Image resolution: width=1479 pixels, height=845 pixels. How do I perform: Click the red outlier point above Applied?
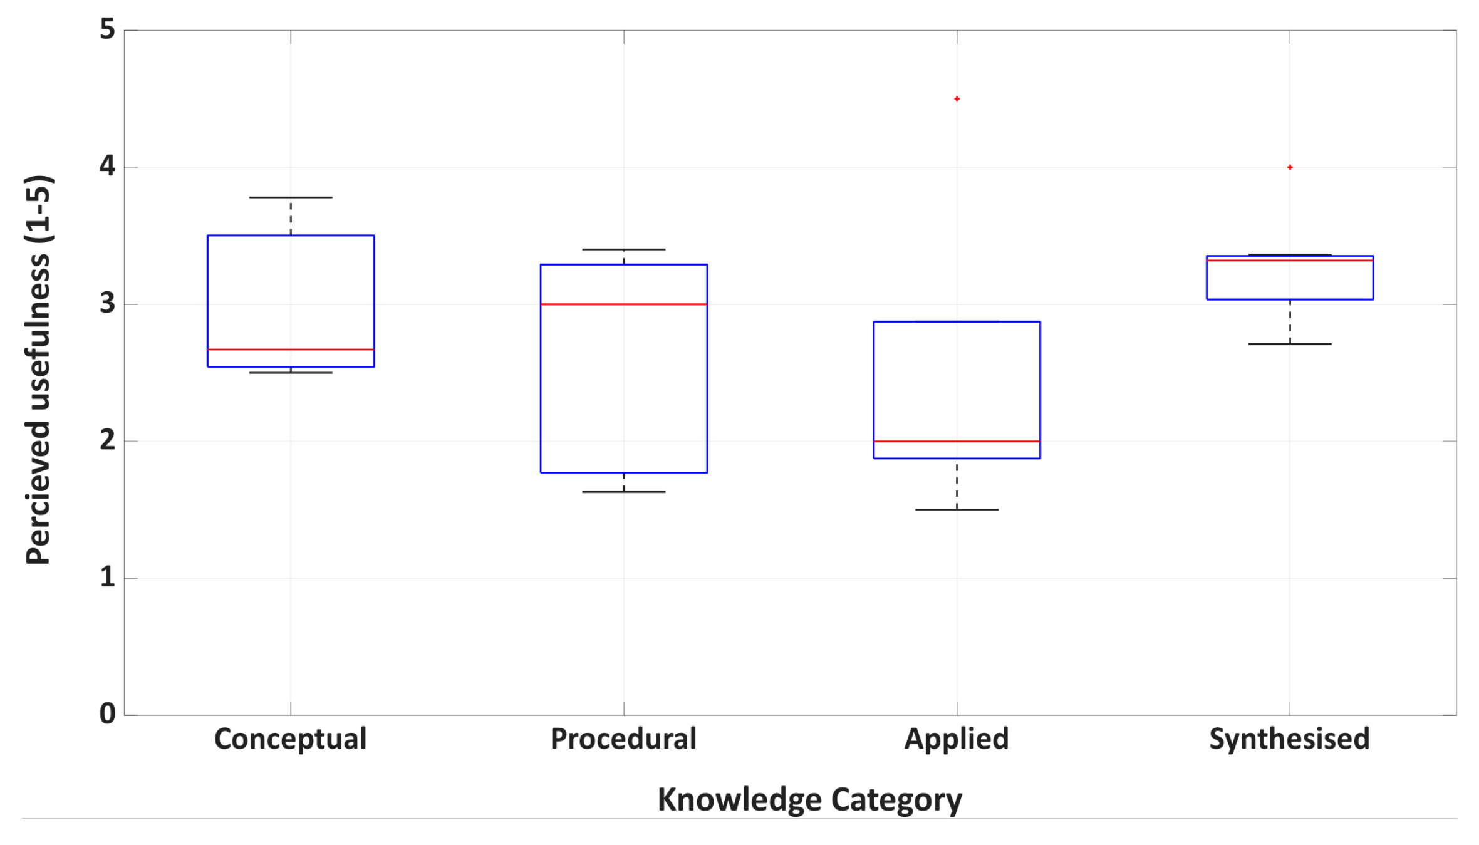(957, 99)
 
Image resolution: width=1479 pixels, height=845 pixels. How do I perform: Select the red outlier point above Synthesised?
(1290, 167)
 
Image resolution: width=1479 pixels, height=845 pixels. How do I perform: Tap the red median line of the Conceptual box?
(291, 350)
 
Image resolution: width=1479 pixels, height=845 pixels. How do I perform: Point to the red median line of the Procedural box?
(624, 304)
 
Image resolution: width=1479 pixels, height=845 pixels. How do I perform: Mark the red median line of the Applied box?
(957, 442)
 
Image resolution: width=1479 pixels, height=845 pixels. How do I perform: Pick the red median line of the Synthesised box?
(1290, 260)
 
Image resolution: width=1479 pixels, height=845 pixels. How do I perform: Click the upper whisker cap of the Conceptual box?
(291, 197)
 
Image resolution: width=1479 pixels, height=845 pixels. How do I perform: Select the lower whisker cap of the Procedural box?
(624, 492)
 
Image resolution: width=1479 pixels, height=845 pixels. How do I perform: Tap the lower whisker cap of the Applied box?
(957, 510)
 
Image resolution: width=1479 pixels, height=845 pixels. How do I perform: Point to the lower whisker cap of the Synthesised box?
(1290, 344)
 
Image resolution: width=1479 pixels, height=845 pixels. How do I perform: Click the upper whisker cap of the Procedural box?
(624, 249)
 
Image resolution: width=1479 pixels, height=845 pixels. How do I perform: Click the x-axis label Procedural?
(623, 739)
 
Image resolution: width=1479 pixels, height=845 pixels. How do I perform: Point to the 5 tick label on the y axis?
(108, 29)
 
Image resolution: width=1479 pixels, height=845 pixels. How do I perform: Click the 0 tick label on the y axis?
(108, 714)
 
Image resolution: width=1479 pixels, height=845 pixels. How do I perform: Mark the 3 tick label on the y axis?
(108, 303)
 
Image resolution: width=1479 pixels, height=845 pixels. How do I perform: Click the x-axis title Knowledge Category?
(809, 801)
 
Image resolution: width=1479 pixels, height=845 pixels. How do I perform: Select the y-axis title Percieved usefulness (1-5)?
(39, 370)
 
